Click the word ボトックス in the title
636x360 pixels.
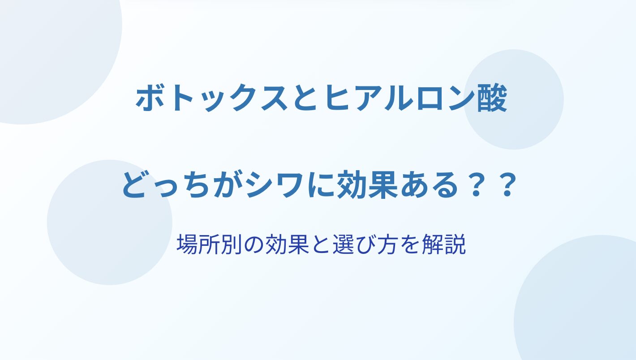tap(211, 99)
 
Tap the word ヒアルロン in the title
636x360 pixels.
tap(398, 99)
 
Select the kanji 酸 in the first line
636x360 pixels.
tap(492, 99)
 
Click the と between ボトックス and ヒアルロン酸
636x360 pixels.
tap(306, 99)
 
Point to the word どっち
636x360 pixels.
tap(167, 186)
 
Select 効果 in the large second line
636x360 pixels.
tap(367, 185)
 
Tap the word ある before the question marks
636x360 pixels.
tap(429, 186)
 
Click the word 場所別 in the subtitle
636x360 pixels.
tap(209, 244)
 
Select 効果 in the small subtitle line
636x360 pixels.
tap(287, 244)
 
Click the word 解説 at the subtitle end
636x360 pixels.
tap(444, 244)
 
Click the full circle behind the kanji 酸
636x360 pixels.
tap(514, 99)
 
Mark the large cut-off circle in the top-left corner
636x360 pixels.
tap(57, 57)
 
